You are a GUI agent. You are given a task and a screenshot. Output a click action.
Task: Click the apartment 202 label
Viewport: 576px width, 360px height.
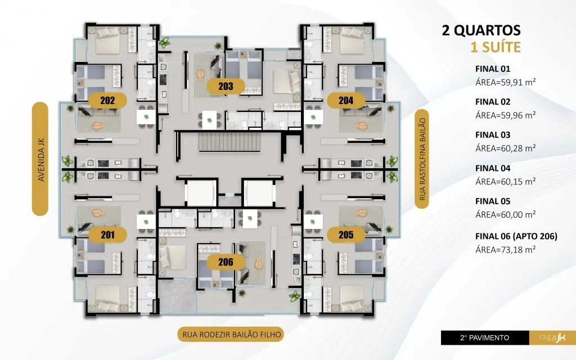(x=107, y=100)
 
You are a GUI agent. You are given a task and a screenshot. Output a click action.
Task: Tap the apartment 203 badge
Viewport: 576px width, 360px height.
(x=226, y=86)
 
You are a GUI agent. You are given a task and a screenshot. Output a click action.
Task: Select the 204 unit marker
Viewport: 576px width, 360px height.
(x=346, y=100)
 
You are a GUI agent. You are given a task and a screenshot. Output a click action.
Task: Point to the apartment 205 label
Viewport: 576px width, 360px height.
(x=346, y=235)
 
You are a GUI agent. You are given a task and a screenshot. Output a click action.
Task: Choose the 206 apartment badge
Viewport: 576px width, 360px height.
(x=226, y=262)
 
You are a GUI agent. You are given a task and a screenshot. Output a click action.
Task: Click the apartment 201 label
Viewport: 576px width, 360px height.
(x=107, y=235)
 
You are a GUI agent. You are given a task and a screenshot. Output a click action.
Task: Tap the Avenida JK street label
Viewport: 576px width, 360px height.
(x=40, y=159)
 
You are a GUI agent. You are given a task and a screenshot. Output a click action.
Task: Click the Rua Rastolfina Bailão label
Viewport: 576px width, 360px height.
(x=422, y=159)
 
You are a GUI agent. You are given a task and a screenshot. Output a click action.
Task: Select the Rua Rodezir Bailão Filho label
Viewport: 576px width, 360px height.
(x=231, y=334)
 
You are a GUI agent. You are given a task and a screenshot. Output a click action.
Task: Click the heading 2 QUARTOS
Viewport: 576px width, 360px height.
(x=481, y=30)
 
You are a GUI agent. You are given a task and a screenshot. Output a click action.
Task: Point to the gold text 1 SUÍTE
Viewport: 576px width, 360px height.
(x=496, y=47)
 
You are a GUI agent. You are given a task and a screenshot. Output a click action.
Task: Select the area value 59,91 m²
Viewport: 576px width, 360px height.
(x=506, y=82)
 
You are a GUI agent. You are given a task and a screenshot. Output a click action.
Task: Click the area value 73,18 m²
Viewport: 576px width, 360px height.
(x=506, y=250)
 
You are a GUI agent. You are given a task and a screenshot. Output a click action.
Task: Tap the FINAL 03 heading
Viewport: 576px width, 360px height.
(x=493, y=135)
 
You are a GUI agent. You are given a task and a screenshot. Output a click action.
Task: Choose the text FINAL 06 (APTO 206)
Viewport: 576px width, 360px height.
(x=516, y=236)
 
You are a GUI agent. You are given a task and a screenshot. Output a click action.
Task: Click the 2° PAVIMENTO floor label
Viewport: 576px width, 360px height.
(x=485, y=337)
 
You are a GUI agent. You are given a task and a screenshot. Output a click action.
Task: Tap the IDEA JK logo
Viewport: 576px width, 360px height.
(x=552, y=337)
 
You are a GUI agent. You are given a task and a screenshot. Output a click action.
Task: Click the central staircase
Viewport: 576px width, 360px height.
(x=229, y=142)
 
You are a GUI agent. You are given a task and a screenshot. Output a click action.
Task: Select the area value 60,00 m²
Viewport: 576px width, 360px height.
(x=506, y=214)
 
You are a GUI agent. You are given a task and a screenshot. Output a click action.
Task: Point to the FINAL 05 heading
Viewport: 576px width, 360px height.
(x=493, y=201)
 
